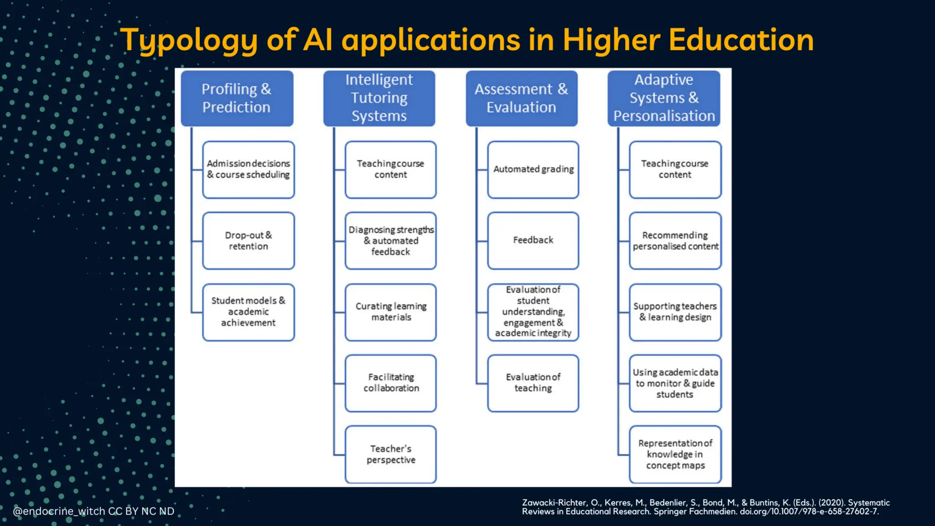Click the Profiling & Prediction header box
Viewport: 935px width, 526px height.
pos(237,98)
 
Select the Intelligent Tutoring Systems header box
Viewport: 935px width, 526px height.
pos(379,98)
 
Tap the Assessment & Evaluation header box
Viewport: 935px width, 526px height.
pos(521,98)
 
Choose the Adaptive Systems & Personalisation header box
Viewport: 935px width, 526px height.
pos(664,98)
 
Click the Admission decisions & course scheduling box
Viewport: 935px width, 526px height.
pos(248,169)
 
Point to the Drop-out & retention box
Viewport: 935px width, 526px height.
pos(248,241)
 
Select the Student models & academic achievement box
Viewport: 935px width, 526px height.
pos(248,312)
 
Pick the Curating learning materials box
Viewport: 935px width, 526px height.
pos(391,312)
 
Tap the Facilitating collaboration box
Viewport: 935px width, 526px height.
pos(391,383)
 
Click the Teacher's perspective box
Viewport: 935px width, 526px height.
pos(391,454)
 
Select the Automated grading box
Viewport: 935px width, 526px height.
pos(533,169)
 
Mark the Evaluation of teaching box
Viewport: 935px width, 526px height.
pos(533,383)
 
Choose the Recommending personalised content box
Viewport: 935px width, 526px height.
pos(675,241)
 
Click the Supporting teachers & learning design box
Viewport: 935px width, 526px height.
pos(675,312)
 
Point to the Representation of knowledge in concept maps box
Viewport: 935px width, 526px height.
pos(675,454)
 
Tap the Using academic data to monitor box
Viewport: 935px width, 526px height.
pos(675,383)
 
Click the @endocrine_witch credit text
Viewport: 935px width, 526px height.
pos(59,511)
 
